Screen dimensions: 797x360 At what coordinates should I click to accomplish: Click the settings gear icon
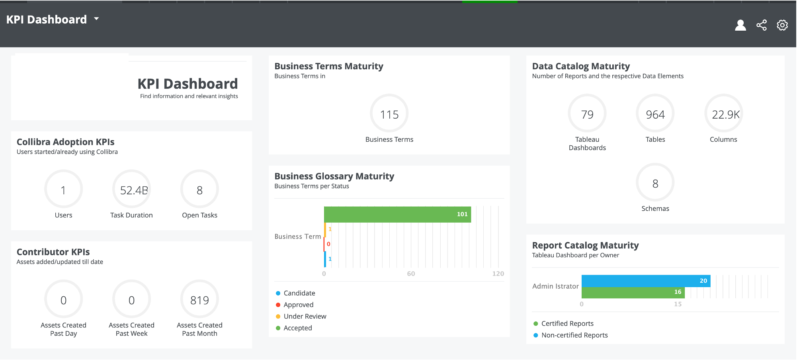pos(782,25)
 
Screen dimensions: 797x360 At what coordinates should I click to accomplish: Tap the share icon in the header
pos(762,25)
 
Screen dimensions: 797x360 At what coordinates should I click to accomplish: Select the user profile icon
pos(740,25)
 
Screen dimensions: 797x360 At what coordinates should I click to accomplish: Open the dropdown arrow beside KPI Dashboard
pos(96,19)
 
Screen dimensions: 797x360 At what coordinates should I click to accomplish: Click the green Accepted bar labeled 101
pos(397,214)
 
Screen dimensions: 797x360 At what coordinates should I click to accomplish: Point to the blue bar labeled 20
pos(646,281)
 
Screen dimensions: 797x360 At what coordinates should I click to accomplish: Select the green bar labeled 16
pos(633,292)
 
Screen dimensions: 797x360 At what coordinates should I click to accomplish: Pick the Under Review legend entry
pos(301,316)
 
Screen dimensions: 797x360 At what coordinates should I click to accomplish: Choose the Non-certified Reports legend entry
pos(570,335)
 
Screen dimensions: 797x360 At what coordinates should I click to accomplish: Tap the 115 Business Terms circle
pos(389,114)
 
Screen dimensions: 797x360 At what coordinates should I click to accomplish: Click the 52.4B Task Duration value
pos(134,190)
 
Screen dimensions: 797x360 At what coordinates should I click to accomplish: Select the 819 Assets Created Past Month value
pos(199,300)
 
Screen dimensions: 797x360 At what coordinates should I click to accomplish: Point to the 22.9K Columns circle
pos(724,114)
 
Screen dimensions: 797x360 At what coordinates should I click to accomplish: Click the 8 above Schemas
pos(655,184)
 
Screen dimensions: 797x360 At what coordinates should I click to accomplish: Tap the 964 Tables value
pos(655,115)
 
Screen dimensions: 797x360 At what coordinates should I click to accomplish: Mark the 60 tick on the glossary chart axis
pos(411,274)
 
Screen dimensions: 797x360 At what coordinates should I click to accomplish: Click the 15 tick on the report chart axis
pos(678,304)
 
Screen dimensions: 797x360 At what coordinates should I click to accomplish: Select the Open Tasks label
pos(199,215)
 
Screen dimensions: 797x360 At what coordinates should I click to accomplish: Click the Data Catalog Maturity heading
pos(581,66)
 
